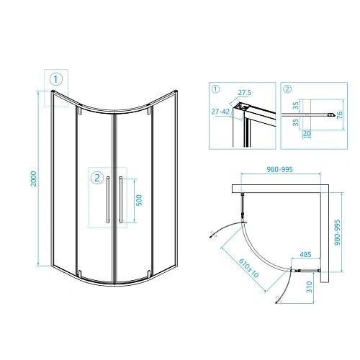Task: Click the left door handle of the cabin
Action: (x=108, y=199)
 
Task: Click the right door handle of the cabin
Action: (x=121, y=199)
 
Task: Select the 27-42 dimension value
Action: (x=221, y=112)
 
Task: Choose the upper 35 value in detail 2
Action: (x=295, y=104)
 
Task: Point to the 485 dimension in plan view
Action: (x=305, y=256)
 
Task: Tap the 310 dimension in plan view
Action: (x=307, y=287)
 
